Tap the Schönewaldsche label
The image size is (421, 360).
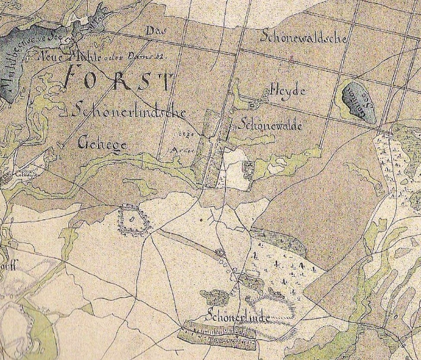(304, 38)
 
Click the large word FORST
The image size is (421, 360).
(116, 81)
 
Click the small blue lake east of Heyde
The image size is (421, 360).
(353, 99)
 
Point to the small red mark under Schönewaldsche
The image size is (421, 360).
(289, 61)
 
